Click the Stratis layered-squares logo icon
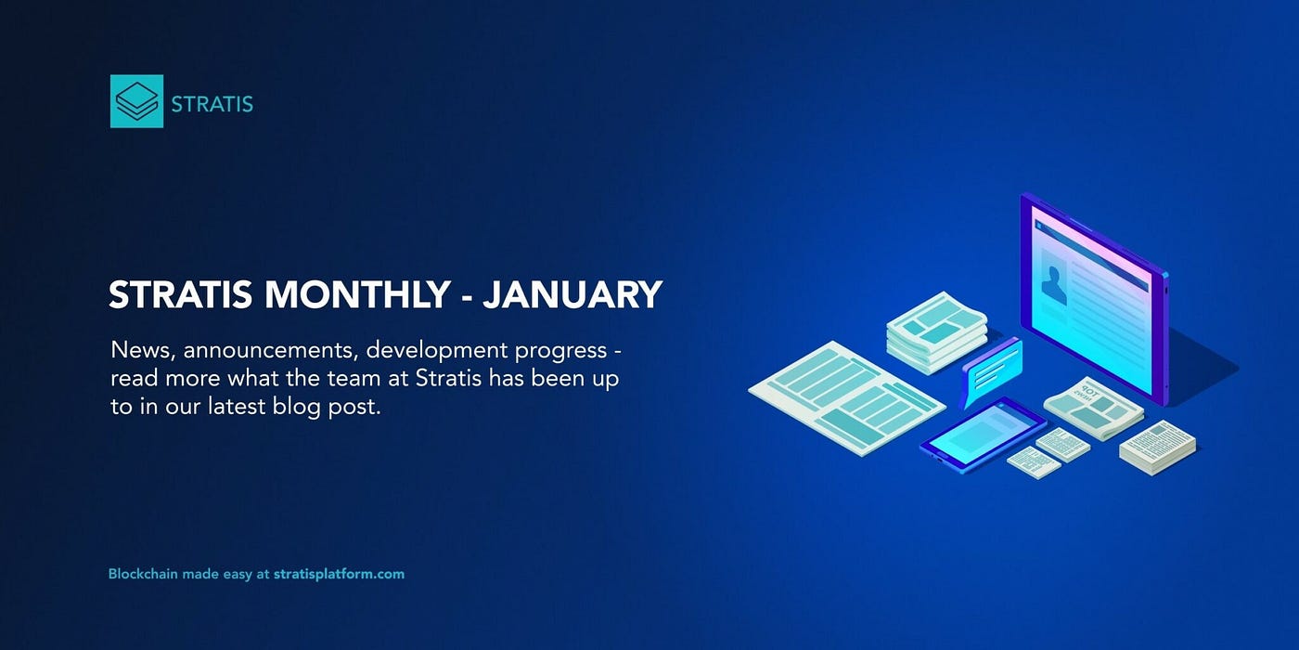(x=137, y=101)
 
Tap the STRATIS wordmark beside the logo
(x=212, y=104)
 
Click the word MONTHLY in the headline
(x=357, y=294)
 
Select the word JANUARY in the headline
(x=572, y=294)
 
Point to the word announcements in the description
(x=271, y=351)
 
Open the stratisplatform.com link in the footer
(x=339, y=575)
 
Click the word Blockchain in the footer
(x=143, y=574)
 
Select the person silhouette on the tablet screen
(x=1054, y=285)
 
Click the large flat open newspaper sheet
(x=846, y=397)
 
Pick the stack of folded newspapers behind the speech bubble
(x=936, y=332)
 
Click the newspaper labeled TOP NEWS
(x=1094, y=408)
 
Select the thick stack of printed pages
(x=1158, y=448)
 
